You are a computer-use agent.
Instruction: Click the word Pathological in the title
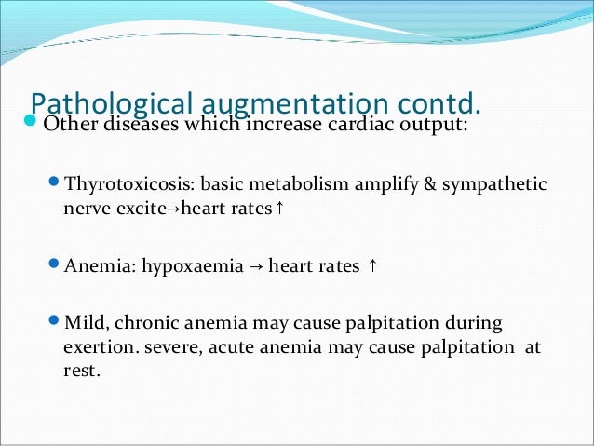112,103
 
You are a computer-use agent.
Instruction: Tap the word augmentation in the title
295,104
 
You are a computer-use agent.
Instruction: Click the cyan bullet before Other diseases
30,121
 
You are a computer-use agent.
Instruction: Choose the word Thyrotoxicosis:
129,184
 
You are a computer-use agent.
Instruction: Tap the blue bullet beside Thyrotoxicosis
55,182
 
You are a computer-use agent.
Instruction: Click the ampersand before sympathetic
430,184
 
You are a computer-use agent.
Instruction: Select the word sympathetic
494,185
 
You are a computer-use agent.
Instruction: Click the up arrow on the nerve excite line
279,208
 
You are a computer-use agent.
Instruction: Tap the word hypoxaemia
193,266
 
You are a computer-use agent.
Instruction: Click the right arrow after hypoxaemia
256,266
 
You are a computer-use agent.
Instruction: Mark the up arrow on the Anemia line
372,265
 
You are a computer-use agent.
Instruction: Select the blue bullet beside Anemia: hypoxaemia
55,263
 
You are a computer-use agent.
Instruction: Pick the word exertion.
99,347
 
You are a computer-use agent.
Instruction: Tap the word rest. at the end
82,371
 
